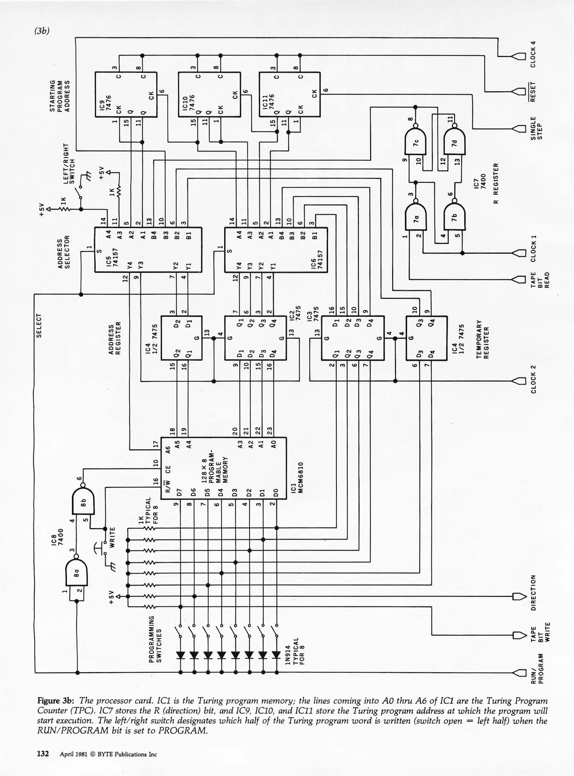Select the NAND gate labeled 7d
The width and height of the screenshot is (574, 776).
coord(455,142)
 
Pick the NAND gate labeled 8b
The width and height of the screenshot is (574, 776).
coord(83,502)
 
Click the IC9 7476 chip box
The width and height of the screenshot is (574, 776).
coord(126,94)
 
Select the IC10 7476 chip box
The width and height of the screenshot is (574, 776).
coord(209,94)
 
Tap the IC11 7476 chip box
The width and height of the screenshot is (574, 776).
coord(289,94)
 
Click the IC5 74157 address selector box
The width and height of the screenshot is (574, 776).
coord(148,250)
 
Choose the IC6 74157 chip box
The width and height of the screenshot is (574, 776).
coord(276,250)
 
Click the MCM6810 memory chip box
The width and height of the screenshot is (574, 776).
coord(223,468)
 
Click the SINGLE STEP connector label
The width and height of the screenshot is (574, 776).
coord(537,128)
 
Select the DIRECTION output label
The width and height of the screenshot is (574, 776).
coord(533,597)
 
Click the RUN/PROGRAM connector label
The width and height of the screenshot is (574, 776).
coord(537,672)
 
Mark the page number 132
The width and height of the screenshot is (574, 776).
coord(43,754)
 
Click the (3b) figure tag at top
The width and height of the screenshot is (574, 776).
coord(42,31)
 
